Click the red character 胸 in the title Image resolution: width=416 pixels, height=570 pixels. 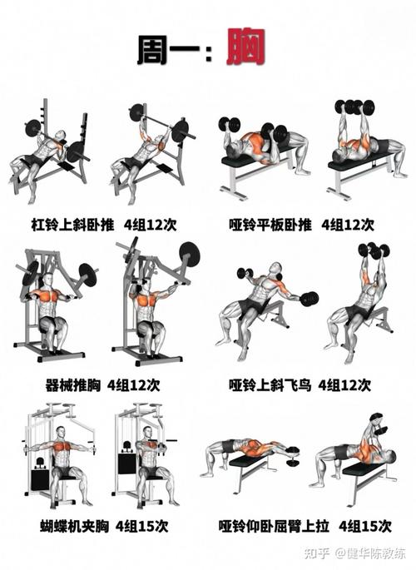[x=248, y=51]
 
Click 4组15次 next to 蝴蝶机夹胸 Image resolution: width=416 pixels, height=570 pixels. [x=142, y=526]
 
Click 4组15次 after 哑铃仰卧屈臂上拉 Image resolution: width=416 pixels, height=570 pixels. [x=364, y=526]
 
